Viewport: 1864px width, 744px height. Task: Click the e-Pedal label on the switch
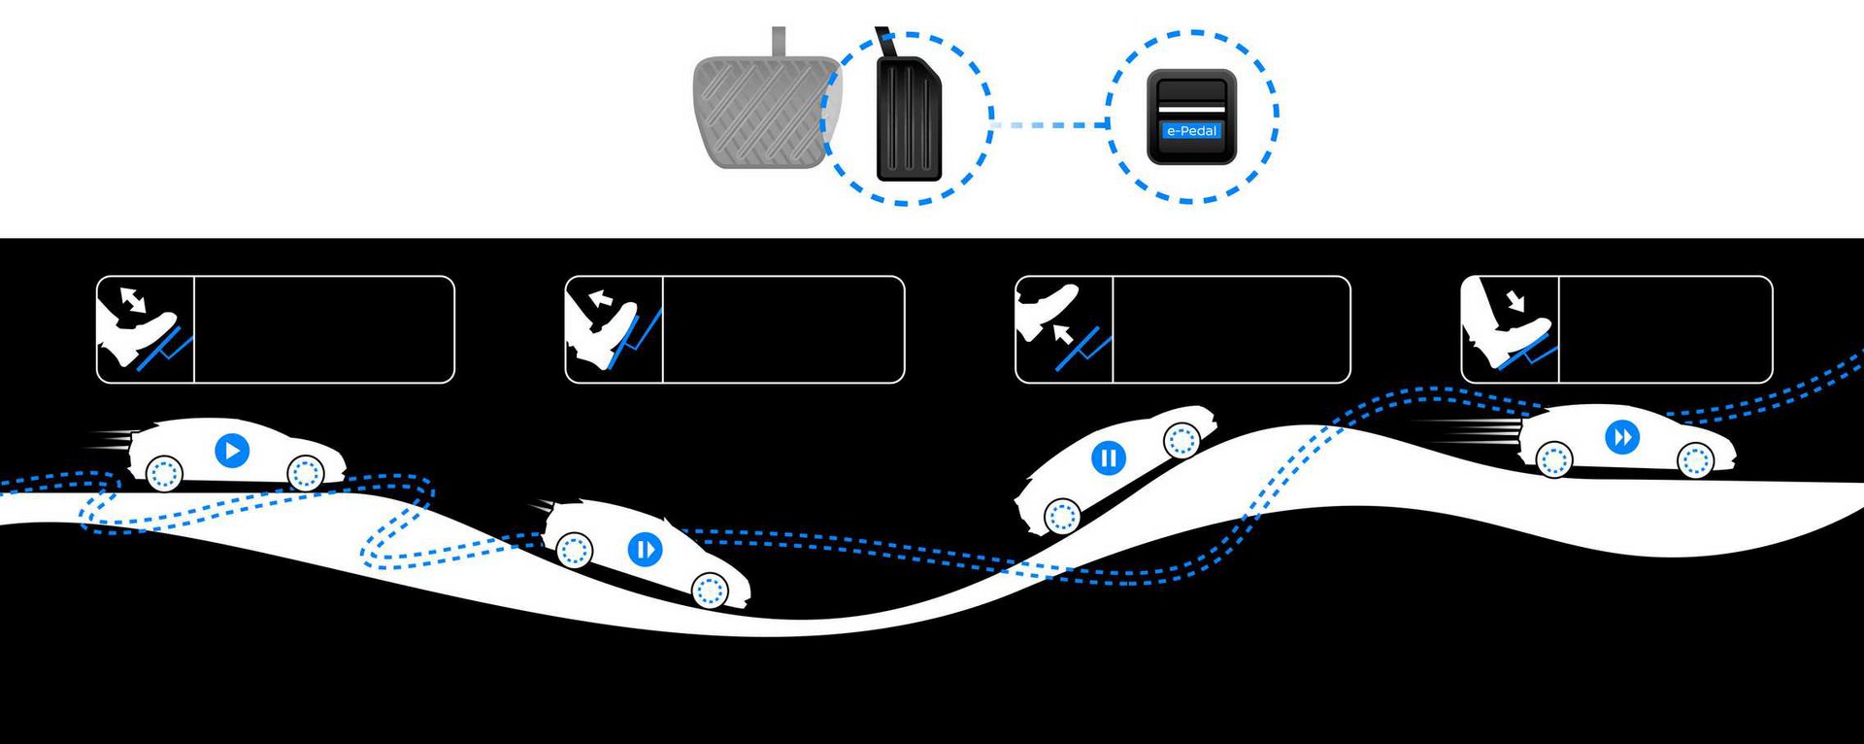tap(1191, 130)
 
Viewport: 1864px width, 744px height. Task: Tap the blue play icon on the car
tap(232, 451)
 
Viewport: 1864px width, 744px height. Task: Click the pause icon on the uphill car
tap(1108, 457)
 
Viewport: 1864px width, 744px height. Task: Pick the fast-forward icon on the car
tap(1621, 437)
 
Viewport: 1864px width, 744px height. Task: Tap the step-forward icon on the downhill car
tap(645, 549)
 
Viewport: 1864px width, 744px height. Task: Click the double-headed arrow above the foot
tap(133, 299)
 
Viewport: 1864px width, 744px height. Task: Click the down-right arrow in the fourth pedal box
tap(1514, 299)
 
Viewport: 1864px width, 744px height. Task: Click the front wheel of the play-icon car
tap(305, 473)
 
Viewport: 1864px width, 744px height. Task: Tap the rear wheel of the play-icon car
tap(163, 473)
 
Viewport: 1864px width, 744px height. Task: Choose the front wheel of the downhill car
tap(710, 589)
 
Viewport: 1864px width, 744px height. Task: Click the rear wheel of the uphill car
tap(1062, 516)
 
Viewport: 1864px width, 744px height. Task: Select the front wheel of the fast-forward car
tap(1695, 459)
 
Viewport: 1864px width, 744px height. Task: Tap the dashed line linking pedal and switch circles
tap(1050, 125)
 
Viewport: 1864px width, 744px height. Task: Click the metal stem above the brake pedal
tap(779, 42)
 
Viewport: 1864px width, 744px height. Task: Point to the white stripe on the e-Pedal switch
tap(1191, 109)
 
